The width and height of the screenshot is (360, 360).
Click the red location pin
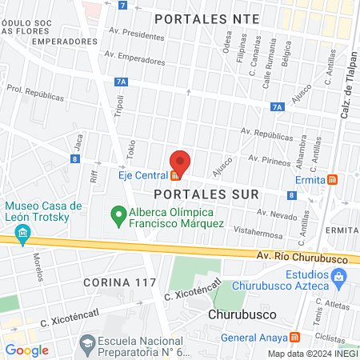click(181, 162)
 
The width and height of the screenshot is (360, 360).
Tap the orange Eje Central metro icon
click(174, 175)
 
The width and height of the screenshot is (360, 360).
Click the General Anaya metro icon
click(295, 337)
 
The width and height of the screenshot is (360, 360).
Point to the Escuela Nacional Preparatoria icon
click(86, 345)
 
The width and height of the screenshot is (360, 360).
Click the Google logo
click(26, 350)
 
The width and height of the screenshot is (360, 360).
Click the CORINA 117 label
click(119, 283)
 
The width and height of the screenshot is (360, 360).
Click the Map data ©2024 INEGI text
click(312, 354)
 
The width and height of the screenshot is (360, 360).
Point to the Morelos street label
click(38, 269)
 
